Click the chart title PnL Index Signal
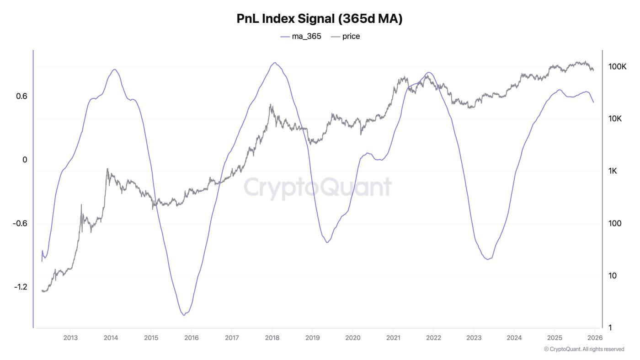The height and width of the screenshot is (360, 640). click(320, 19)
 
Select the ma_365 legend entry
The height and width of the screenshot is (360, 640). click(301, 36)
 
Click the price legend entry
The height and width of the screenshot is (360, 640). click(345, 36)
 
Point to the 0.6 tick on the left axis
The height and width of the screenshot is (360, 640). click(21, 96)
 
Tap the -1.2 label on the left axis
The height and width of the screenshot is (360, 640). click(21, 287)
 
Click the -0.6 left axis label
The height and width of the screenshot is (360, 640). click(21, 223)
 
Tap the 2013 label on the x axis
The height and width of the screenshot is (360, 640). click(70, 338)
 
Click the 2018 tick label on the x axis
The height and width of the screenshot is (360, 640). click(272, 338)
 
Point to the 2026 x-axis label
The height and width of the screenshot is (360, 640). click(595, 338)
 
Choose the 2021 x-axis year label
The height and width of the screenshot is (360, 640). click(393, 338)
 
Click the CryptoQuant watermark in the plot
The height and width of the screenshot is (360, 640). click(318, 187)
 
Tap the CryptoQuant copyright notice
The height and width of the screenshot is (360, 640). click(584, 349)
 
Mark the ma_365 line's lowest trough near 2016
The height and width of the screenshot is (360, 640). click(184, 315)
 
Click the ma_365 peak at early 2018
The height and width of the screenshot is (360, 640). click(274, 63)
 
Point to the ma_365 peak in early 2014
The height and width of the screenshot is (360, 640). click(114, 70)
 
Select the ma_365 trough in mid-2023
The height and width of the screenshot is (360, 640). click(488, 259)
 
